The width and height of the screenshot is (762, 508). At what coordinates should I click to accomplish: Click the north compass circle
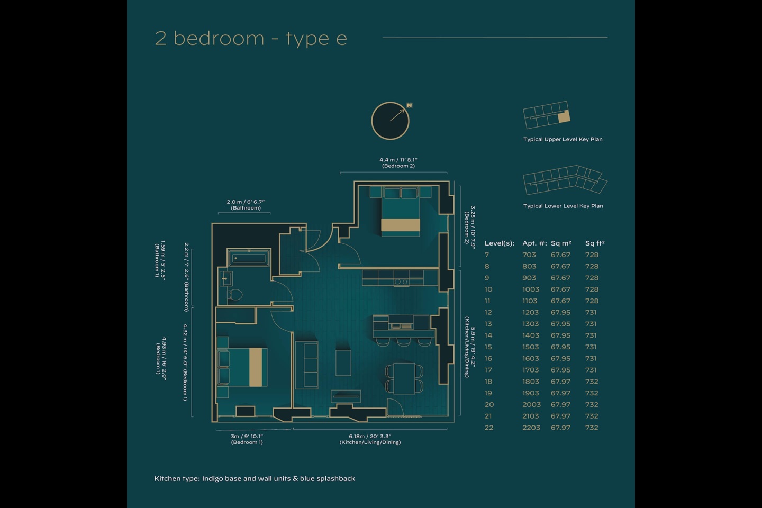[391, 121]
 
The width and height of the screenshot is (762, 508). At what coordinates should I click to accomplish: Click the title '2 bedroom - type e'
[251, 39]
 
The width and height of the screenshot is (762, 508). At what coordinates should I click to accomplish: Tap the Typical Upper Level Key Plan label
[563, 139]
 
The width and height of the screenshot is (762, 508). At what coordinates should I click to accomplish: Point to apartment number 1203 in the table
[530, 313]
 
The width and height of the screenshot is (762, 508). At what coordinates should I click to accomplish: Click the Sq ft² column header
[594, 243]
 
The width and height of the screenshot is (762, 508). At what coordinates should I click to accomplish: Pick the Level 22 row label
[489, 428]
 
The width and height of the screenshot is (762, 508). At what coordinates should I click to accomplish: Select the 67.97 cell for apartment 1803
[560, 382]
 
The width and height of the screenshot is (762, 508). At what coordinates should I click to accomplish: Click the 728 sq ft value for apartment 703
[592, 255]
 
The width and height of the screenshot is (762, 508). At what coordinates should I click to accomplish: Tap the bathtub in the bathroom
[249, 259]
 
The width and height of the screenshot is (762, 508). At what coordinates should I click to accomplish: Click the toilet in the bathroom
[235, 294]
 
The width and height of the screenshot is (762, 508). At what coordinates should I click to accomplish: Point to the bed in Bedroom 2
[401, 211]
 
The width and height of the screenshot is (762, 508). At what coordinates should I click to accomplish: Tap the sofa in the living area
[306, 365]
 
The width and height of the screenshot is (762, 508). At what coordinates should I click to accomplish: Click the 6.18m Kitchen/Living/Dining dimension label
[370, 439]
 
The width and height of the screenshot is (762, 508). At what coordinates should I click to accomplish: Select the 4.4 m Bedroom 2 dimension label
[398, 162]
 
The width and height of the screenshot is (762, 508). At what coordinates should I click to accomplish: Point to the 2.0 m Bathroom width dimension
[246, 205]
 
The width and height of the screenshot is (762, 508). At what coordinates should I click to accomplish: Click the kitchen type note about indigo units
[255, 478]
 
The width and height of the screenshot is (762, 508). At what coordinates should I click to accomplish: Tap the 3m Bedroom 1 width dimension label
[247, 439]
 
